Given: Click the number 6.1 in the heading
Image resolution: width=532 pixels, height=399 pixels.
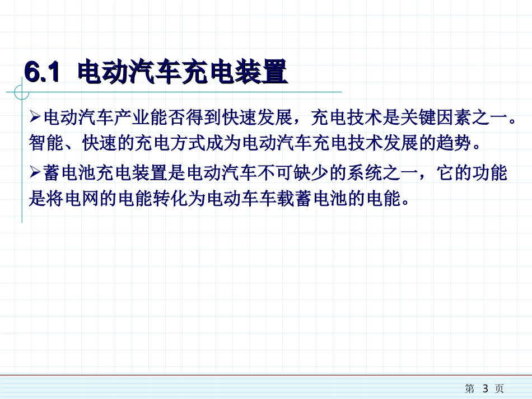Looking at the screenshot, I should point(41,73).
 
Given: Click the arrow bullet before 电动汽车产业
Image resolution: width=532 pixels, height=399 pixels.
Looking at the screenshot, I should point(35,118).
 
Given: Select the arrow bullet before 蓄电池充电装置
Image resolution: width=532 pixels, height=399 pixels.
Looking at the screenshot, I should point(35,173).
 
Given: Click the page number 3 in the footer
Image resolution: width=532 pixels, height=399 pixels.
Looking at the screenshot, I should point(486,388).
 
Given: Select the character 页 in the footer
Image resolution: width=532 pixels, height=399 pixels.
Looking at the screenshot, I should point(500,388).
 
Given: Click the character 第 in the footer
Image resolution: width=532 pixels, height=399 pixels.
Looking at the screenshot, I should point(470,388).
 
